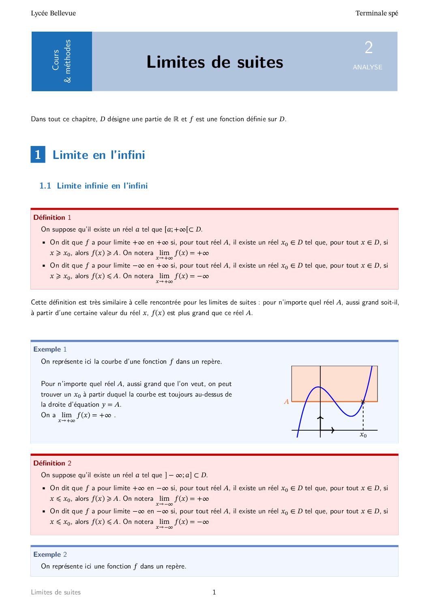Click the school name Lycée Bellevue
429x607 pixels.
point(53,13)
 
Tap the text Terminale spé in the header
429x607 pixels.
point(376,13)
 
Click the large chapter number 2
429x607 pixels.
point(368,48)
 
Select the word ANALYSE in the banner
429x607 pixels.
point(367,67)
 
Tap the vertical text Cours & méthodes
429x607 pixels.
point(61,61)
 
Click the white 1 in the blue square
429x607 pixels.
point(38,154)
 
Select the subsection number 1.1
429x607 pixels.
point(45,186)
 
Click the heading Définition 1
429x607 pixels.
point(52,217)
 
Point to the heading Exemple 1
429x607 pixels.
point(50,349)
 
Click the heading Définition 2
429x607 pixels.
point(52,463)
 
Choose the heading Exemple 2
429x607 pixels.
point(50,554)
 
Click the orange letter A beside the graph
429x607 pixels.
point(286,402)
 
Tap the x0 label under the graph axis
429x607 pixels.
point(363,435)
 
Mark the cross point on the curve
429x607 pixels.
point(363,401)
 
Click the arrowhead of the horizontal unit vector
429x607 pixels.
point(333,430)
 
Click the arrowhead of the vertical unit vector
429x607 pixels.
point(320,417)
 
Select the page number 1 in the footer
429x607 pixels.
point(214,592)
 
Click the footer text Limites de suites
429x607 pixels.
point(56,592)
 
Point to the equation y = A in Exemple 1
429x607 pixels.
point(111,405)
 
